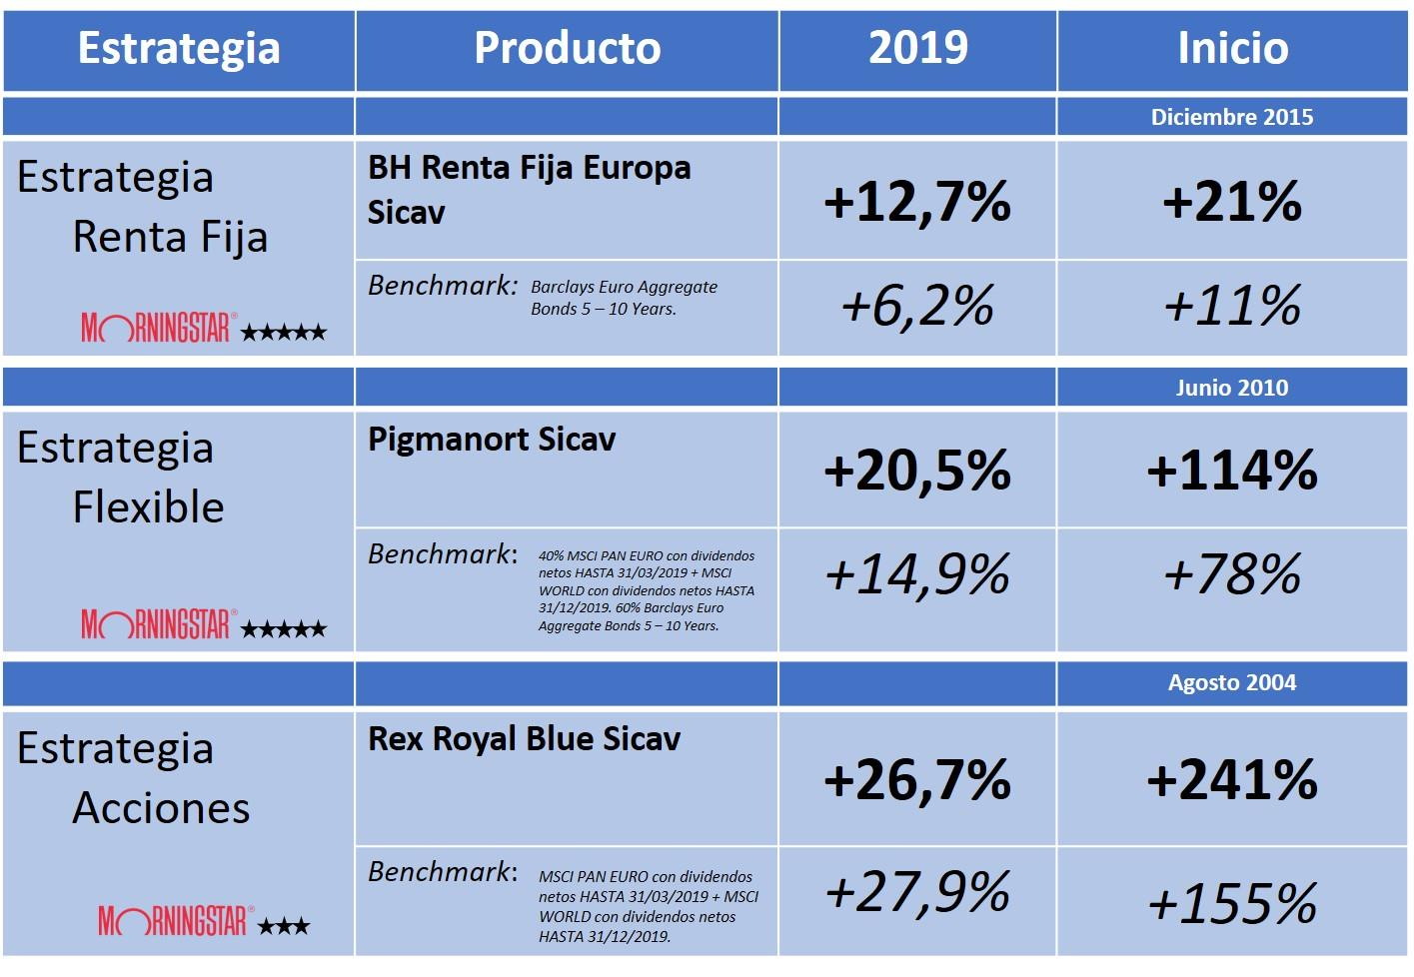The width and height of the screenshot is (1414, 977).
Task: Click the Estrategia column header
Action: (x=179, y=48)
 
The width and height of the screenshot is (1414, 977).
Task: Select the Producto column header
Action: (x=567, y=48)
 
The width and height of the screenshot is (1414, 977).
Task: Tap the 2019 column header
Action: (x=917, y=48)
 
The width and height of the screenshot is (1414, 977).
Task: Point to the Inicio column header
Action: (x=1232, y=48)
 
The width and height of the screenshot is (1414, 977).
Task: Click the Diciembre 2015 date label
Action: (x=1231, y=117)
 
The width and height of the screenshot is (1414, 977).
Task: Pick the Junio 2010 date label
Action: (x=1231, y=388)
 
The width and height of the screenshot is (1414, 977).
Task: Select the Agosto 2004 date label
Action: (x=1231, y=683)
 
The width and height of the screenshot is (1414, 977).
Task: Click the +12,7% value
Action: (x=917, y=202)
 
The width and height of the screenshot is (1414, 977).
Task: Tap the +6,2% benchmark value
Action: (x=917, y=306)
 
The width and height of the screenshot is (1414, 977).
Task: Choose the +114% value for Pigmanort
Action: (x=1232, y=471)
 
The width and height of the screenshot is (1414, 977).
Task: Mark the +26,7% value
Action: (x=917, y=780)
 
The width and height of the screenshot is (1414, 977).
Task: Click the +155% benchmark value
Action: (x=1232, y=904)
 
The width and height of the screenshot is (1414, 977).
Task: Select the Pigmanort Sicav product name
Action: (x=492, y=440)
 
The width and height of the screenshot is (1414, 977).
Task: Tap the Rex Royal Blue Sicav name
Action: (x=524, y=739)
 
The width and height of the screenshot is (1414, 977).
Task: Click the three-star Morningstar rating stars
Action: (x=284, y=927)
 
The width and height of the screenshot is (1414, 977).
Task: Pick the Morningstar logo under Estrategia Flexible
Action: (x=157, y=626)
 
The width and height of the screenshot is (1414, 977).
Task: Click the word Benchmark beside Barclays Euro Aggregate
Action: (x=442, y=286)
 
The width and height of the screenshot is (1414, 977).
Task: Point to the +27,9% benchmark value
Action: (x=917, y=892)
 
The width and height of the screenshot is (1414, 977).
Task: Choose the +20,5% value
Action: (x=917, y=471)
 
